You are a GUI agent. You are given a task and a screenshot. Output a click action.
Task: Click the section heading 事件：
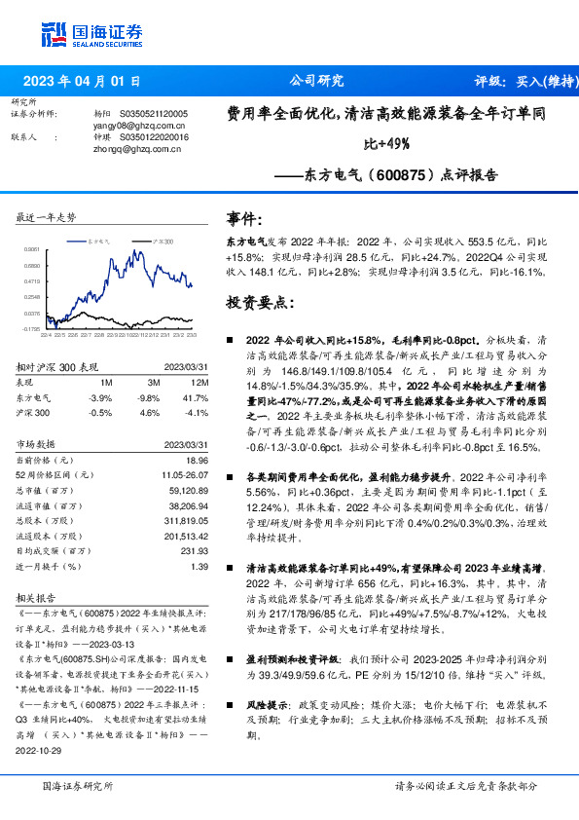(x=243, y=217)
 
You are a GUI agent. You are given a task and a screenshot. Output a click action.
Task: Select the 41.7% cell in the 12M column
(x=196, y=398)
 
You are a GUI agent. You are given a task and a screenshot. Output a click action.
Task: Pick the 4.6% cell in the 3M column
(x=149, y=413)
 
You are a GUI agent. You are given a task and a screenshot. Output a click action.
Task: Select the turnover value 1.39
(x=199, y=566)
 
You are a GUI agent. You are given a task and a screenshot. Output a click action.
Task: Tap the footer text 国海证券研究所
(x=73, y=785)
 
